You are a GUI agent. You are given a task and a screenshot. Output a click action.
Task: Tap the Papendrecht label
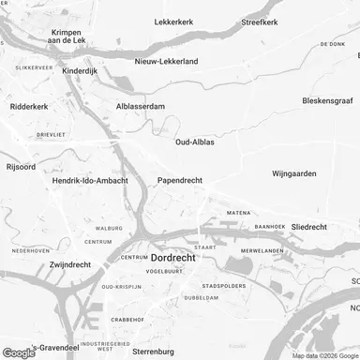coord(179,180)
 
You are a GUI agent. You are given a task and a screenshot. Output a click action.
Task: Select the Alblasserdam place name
coord(140,106)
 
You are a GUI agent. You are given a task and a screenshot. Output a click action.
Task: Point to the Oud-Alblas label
coord(198,142)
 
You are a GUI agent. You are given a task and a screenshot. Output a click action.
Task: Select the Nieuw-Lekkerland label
coord(165,61)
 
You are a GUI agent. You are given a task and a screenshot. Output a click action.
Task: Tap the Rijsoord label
coord(22,168)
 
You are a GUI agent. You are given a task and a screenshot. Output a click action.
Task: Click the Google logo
coord(19,352)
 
